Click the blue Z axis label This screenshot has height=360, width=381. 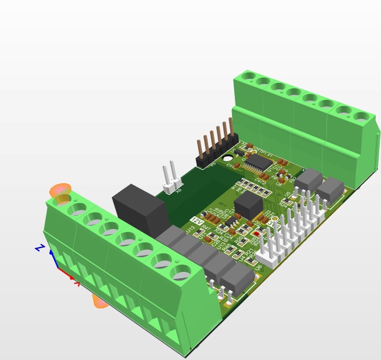39,248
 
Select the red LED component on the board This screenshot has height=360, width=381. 256,234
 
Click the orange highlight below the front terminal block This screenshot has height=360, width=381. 100,301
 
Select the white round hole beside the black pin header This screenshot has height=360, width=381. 228,157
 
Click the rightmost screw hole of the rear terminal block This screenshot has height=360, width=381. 363,117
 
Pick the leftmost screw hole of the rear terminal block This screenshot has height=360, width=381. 249,75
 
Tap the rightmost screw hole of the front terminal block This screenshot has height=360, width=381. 182,270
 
